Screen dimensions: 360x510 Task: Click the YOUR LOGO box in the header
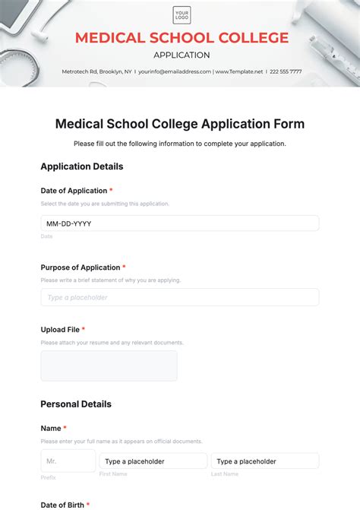(182, 15)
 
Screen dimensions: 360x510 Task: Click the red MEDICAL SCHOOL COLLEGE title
(182, 38)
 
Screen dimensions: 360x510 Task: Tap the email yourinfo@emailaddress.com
(174, 71)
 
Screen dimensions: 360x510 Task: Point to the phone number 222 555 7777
(285, 71)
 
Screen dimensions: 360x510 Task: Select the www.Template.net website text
(239, 71)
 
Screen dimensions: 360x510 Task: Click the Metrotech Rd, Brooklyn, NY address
(97, 71)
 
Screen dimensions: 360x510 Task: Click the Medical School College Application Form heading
(180, 124)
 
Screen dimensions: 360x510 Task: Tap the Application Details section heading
(81, 166)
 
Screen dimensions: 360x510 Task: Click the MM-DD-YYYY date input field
(179, 223)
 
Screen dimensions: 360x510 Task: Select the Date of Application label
(74, 191)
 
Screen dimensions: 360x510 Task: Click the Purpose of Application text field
(179, 297)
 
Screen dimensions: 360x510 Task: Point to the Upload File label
(60, 330)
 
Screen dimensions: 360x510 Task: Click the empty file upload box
(109, 366)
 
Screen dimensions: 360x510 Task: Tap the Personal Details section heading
(76, 404)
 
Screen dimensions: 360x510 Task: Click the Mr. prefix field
(68, 461)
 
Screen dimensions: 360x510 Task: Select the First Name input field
(153, 461)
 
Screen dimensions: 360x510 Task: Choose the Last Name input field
(264, 461)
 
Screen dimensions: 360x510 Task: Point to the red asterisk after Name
(65, 429)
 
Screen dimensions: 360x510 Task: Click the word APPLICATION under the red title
(182, 55)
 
